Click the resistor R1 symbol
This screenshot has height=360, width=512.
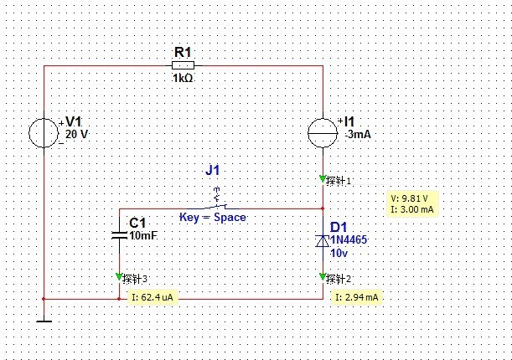184,64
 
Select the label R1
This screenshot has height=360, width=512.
183,53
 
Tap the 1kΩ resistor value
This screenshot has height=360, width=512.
184,78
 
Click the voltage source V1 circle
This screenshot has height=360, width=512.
43,132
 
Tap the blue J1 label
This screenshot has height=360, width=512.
213,170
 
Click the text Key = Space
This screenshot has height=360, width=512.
213,217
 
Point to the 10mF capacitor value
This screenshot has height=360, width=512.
143,236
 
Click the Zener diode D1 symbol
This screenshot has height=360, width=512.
323,240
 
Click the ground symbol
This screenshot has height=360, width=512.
43,318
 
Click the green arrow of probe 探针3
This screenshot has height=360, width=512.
119,277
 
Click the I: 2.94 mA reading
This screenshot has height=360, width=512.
357,297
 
